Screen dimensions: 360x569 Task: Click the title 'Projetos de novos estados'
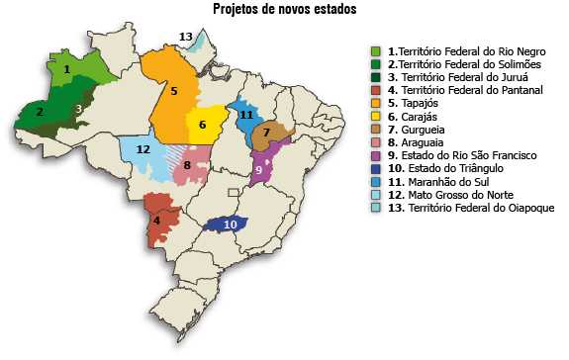point(284,9)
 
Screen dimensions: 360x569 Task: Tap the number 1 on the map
point(66,69)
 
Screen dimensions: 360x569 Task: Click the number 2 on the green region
point(40,112)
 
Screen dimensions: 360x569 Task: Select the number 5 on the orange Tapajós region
point(173,91)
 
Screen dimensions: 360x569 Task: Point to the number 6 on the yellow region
point(202,125)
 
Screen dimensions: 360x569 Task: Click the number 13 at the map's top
point(185,37)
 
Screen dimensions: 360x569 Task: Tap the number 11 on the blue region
point(246,116)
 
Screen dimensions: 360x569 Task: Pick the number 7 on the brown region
point(265,133)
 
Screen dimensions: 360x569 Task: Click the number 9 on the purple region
point(258,170)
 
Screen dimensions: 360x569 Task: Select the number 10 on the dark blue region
point(230,225)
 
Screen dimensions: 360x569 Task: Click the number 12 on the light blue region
point(142,149)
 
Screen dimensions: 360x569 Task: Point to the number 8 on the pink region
point(187,165)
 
